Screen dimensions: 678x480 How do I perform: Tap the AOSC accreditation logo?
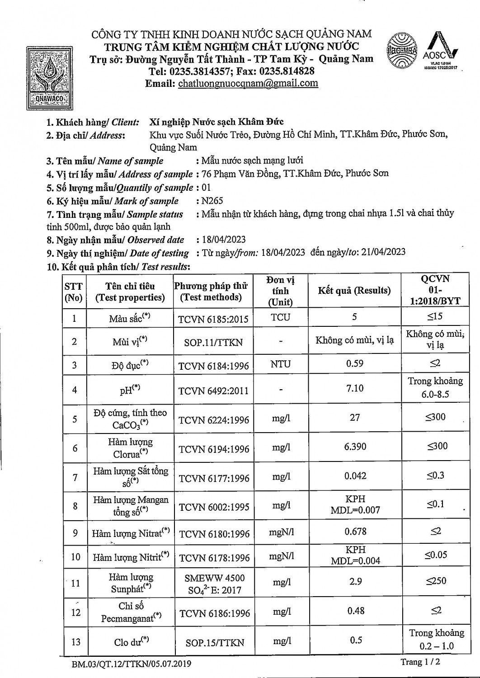pyautogui.click(x=440, y=50)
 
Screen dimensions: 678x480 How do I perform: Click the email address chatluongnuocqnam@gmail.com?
pyautogui.click(x=248, y=83)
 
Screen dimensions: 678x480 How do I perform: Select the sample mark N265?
pyautogui.click(x=212, y=201)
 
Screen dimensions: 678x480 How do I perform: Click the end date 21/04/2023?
pyautogui.click(x=382, y=252)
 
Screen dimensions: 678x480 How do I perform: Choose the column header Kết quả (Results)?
pyautogui.click(x=354, y=290)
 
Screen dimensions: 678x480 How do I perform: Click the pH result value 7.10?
pyautogui.click(x=355, y=388)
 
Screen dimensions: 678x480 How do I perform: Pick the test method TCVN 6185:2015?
pyautogui.click(x=213, y=319)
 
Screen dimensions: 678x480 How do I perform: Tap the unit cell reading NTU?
pyautogui.click(x=280, y=364)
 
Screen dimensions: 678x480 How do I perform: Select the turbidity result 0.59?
pyautogui.click(x=354, y=363)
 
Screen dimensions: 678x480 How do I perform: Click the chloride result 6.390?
pyautogui.click(x=355, y=447)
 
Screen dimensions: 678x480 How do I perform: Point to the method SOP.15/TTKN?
pyautogui.click(x=215, y=642)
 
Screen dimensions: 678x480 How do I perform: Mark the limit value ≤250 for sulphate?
pyautogui.click(x=436, y=581)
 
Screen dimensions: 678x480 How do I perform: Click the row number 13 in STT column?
pyautogui.click(x=75, y=642)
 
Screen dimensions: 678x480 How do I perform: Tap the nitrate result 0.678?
pyautogui.click(x=355, y=532)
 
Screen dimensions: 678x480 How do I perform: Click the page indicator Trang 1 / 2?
pyautogui.click(x=420, y=662)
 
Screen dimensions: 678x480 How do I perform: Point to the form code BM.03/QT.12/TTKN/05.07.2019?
pyautogui.click(x=131, y=664)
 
